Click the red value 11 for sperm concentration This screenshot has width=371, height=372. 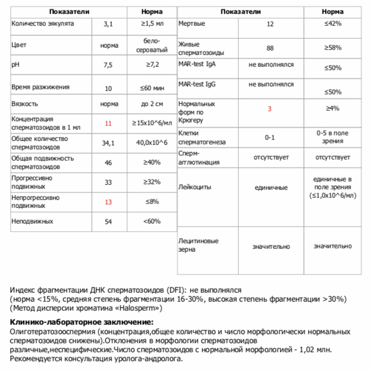[x=108, y=123]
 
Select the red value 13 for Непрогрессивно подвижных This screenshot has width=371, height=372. [x=108, y=202]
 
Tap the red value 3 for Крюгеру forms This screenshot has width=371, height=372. [x=270, y=108]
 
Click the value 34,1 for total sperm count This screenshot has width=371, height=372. [x=108, y=143]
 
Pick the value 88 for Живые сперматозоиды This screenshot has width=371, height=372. [x=270, y=48]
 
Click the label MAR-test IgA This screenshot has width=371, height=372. [x=197, y=64]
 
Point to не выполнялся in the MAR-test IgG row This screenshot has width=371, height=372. [x=271, y=84]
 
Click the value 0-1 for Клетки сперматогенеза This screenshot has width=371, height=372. [x=270, y=137]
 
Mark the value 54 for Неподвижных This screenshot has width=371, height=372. [x=108, y=221]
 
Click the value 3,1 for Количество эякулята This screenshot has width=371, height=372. [x=108, y=24]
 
